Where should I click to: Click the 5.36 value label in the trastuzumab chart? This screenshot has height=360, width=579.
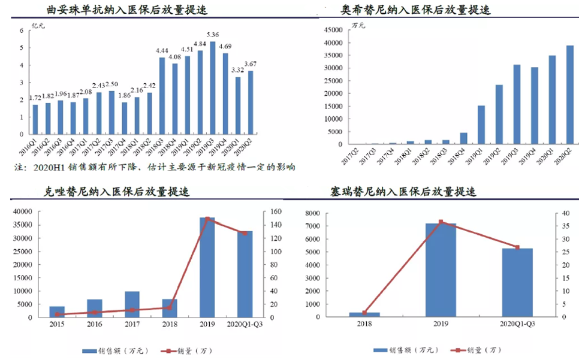(x=213, y=35)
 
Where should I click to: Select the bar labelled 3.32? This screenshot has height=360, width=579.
(x=238, y=104)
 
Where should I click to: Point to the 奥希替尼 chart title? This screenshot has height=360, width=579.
(x=415, y=10)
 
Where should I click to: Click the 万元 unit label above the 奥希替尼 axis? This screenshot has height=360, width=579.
(x=358, y=25)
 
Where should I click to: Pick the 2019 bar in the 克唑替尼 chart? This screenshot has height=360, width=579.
(x=207, y=267)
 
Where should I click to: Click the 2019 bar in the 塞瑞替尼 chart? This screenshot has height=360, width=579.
(x=441, y=270)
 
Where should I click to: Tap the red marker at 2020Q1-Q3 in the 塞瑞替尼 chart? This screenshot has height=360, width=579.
(x=517, y=247)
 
